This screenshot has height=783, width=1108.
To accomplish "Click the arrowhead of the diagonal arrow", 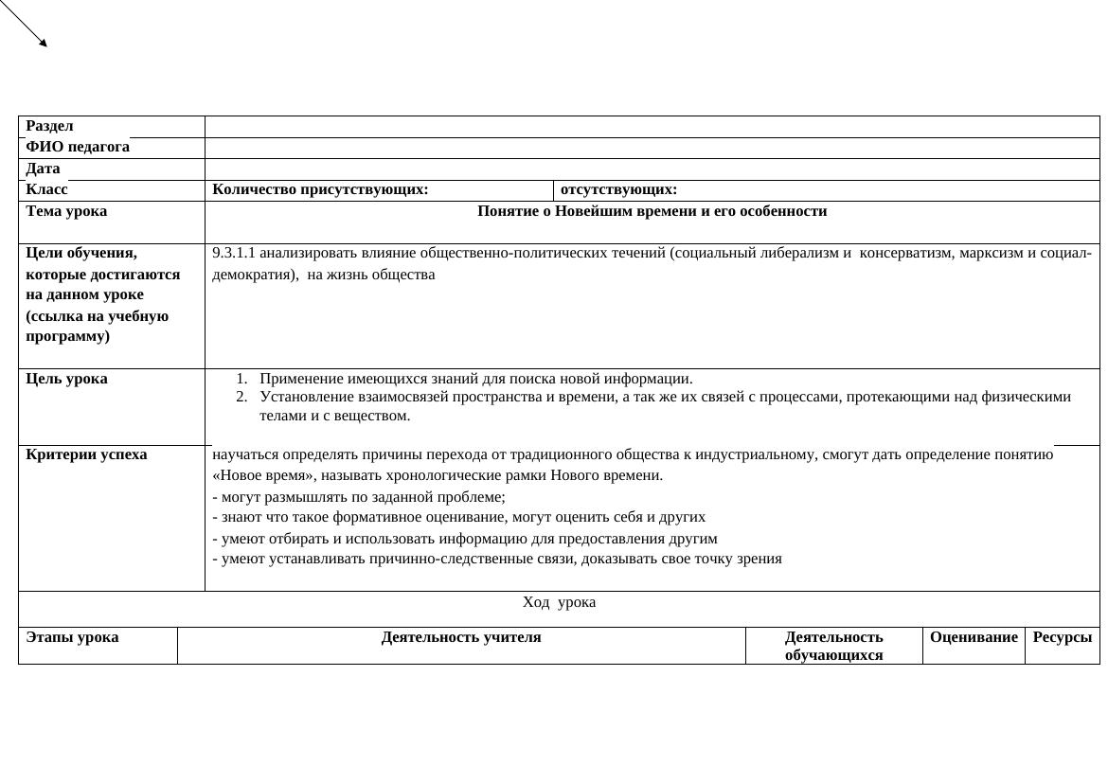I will coord(43,43).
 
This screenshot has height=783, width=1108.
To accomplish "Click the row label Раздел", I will coord(49,126).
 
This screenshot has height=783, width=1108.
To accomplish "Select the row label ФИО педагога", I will coord(78,147).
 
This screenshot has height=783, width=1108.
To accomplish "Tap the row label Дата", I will coord(43,169).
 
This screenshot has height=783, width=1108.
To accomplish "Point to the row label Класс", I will coord(46,189).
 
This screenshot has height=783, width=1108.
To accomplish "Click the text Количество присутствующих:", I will coord(320,189).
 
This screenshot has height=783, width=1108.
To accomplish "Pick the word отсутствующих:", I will coord(618,189).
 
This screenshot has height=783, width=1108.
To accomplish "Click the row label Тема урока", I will coord(66,211).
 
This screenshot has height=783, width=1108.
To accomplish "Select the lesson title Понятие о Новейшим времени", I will coord(652,211).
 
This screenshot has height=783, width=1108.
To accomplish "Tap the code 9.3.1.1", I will coord(234,253).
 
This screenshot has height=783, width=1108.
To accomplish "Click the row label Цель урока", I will coord(66,379).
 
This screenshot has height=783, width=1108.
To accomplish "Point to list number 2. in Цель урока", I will coord(241,397).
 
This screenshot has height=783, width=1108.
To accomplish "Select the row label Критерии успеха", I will coord(86,454).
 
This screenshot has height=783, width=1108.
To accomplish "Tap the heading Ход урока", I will coord(559,602).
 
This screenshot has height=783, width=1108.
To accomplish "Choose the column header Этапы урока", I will coord(72,637).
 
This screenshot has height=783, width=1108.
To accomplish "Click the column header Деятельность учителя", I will coord(461,637).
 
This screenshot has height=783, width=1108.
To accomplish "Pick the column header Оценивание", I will coord(974,637).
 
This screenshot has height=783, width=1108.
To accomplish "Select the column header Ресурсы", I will coord(1062,637).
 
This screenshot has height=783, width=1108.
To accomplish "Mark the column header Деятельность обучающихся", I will coord(833,646).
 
